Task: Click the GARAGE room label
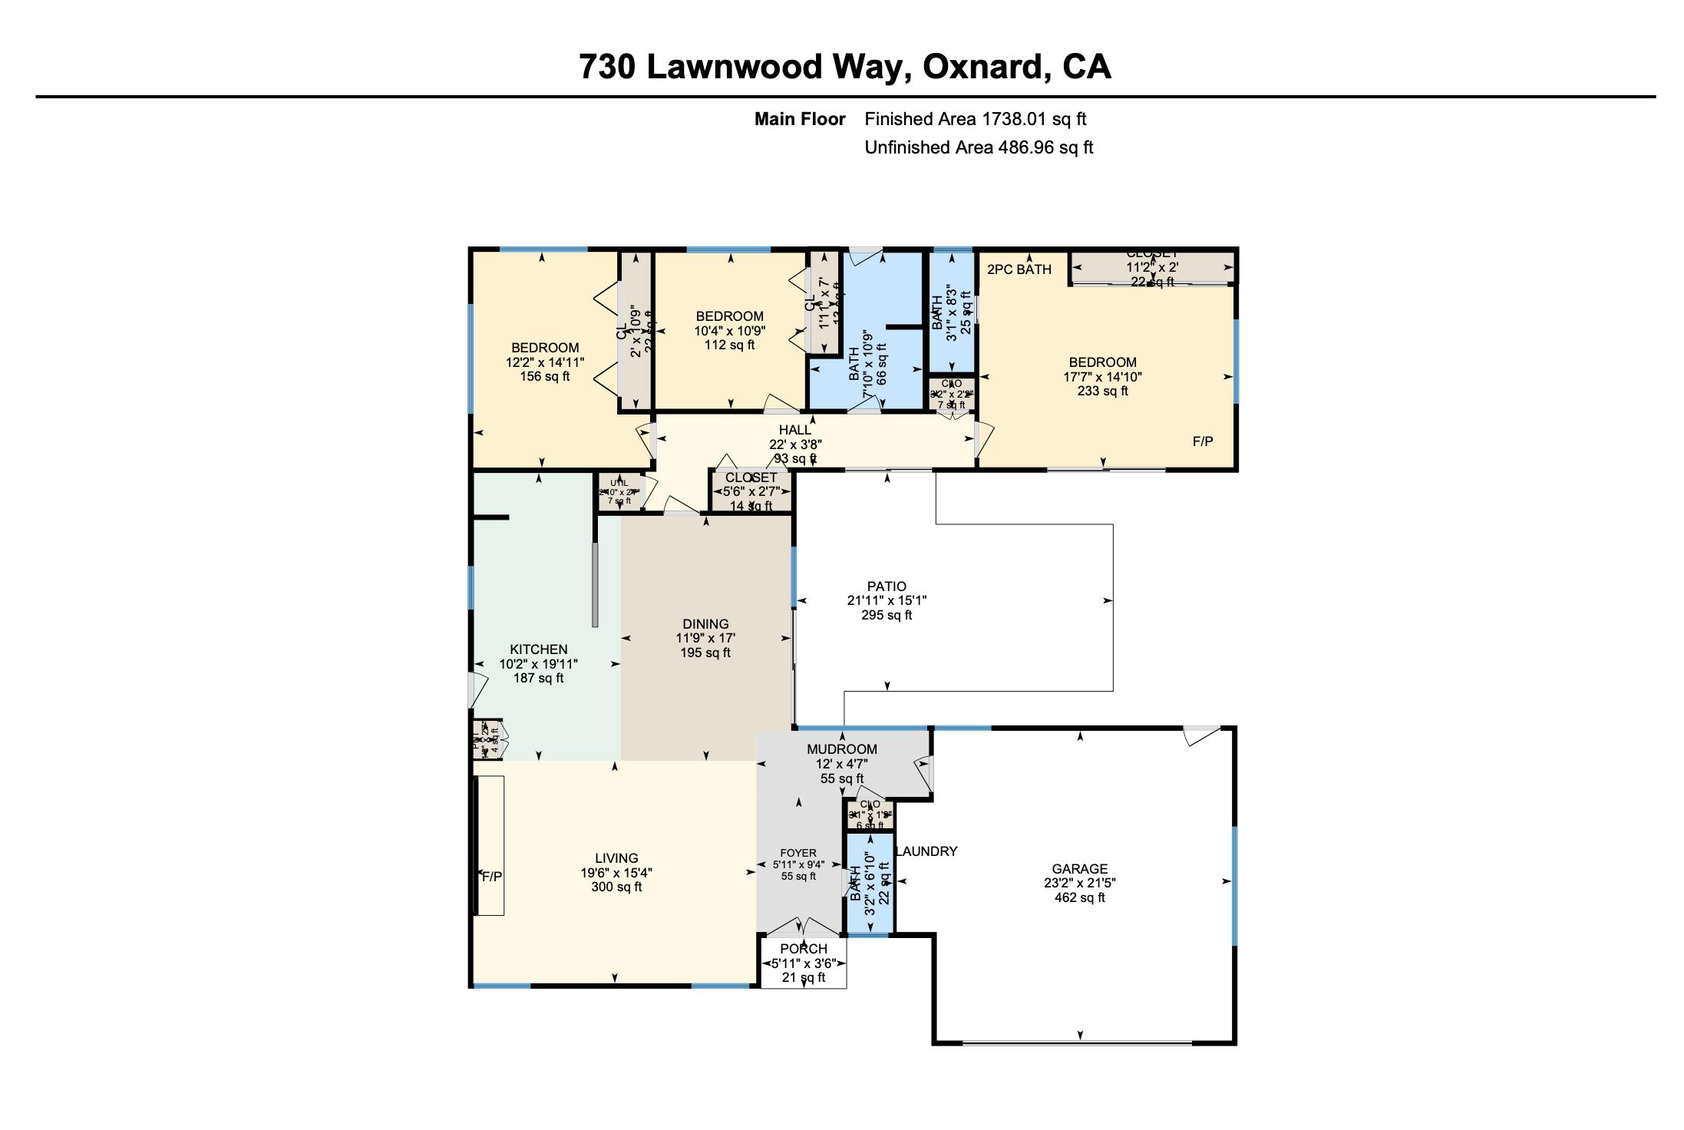1079,869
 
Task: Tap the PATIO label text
887,586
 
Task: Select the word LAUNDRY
926,851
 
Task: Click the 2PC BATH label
1019,269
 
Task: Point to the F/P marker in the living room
491,877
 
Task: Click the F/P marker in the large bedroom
1202,441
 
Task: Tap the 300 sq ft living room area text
616,887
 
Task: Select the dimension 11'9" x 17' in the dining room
705,638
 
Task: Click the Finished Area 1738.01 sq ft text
975,119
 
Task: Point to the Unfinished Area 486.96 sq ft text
979,147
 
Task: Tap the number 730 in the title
606,67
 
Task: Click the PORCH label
803,949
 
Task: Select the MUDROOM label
841,749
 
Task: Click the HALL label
794,430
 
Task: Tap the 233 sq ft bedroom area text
1102,391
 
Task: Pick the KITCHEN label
538,649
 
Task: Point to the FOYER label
798,853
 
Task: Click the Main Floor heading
799,119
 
